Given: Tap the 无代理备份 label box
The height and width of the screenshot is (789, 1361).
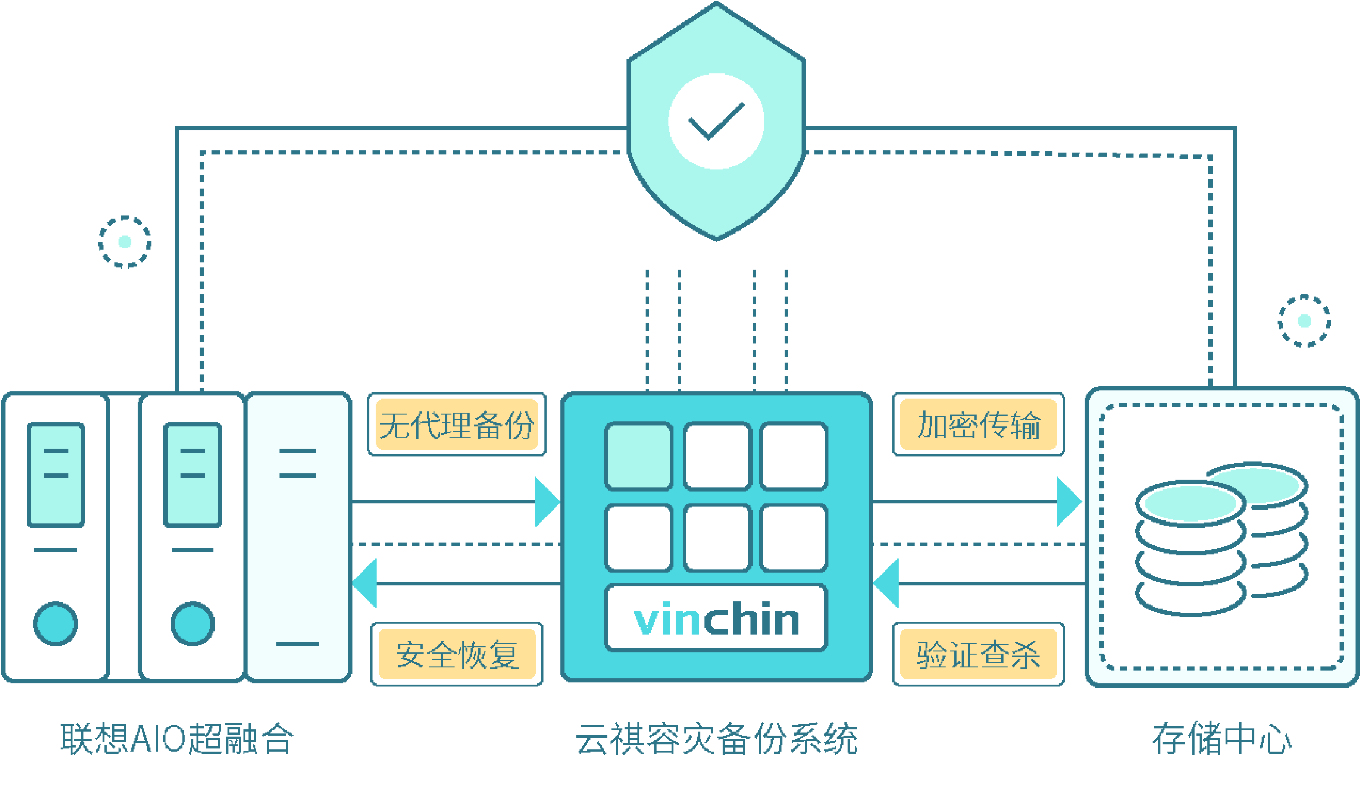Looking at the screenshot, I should click(457, 425).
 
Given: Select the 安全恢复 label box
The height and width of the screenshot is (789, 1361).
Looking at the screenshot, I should click(457, 654).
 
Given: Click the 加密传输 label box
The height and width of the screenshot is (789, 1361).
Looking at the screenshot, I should click(978, 425).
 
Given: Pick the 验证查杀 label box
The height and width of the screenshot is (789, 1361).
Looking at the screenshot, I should click(978, 654).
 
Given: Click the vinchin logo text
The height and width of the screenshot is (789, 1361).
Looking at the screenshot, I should click(716, 619).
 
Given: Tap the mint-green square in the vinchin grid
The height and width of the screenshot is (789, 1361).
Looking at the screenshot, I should click(639, 456).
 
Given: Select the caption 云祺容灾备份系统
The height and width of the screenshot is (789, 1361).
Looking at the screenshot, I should click(716, 739).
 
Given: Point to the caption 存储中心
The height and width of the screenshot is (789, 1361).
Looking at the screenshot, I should click(1221, 739).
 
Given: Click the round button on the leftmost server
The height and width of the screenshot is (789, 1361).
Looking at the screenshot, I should click(56, 623).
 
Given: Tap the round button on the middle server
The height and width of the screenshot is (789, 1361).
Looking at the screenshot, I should click(193, 623).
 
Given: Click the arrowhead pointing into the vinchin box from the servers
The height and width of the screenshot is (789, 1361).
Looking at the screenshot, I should click(545, 502).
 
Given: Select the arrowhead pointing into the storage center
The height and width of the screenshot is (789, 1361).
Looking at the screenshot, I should click(1067, 502).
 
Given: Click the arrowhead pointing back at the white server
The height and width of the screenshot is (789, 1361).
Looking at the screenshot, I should click(366, 584).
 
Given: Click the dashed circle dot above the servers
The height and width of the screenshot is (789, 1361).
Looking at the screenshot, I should click(125, 242).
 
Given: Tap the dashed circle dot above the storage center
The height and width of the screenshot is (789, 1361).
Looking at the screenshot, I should click(1304, 321).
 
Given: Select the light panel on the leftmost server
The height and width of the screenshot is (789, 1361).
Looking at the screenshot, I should click(56, 474).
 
